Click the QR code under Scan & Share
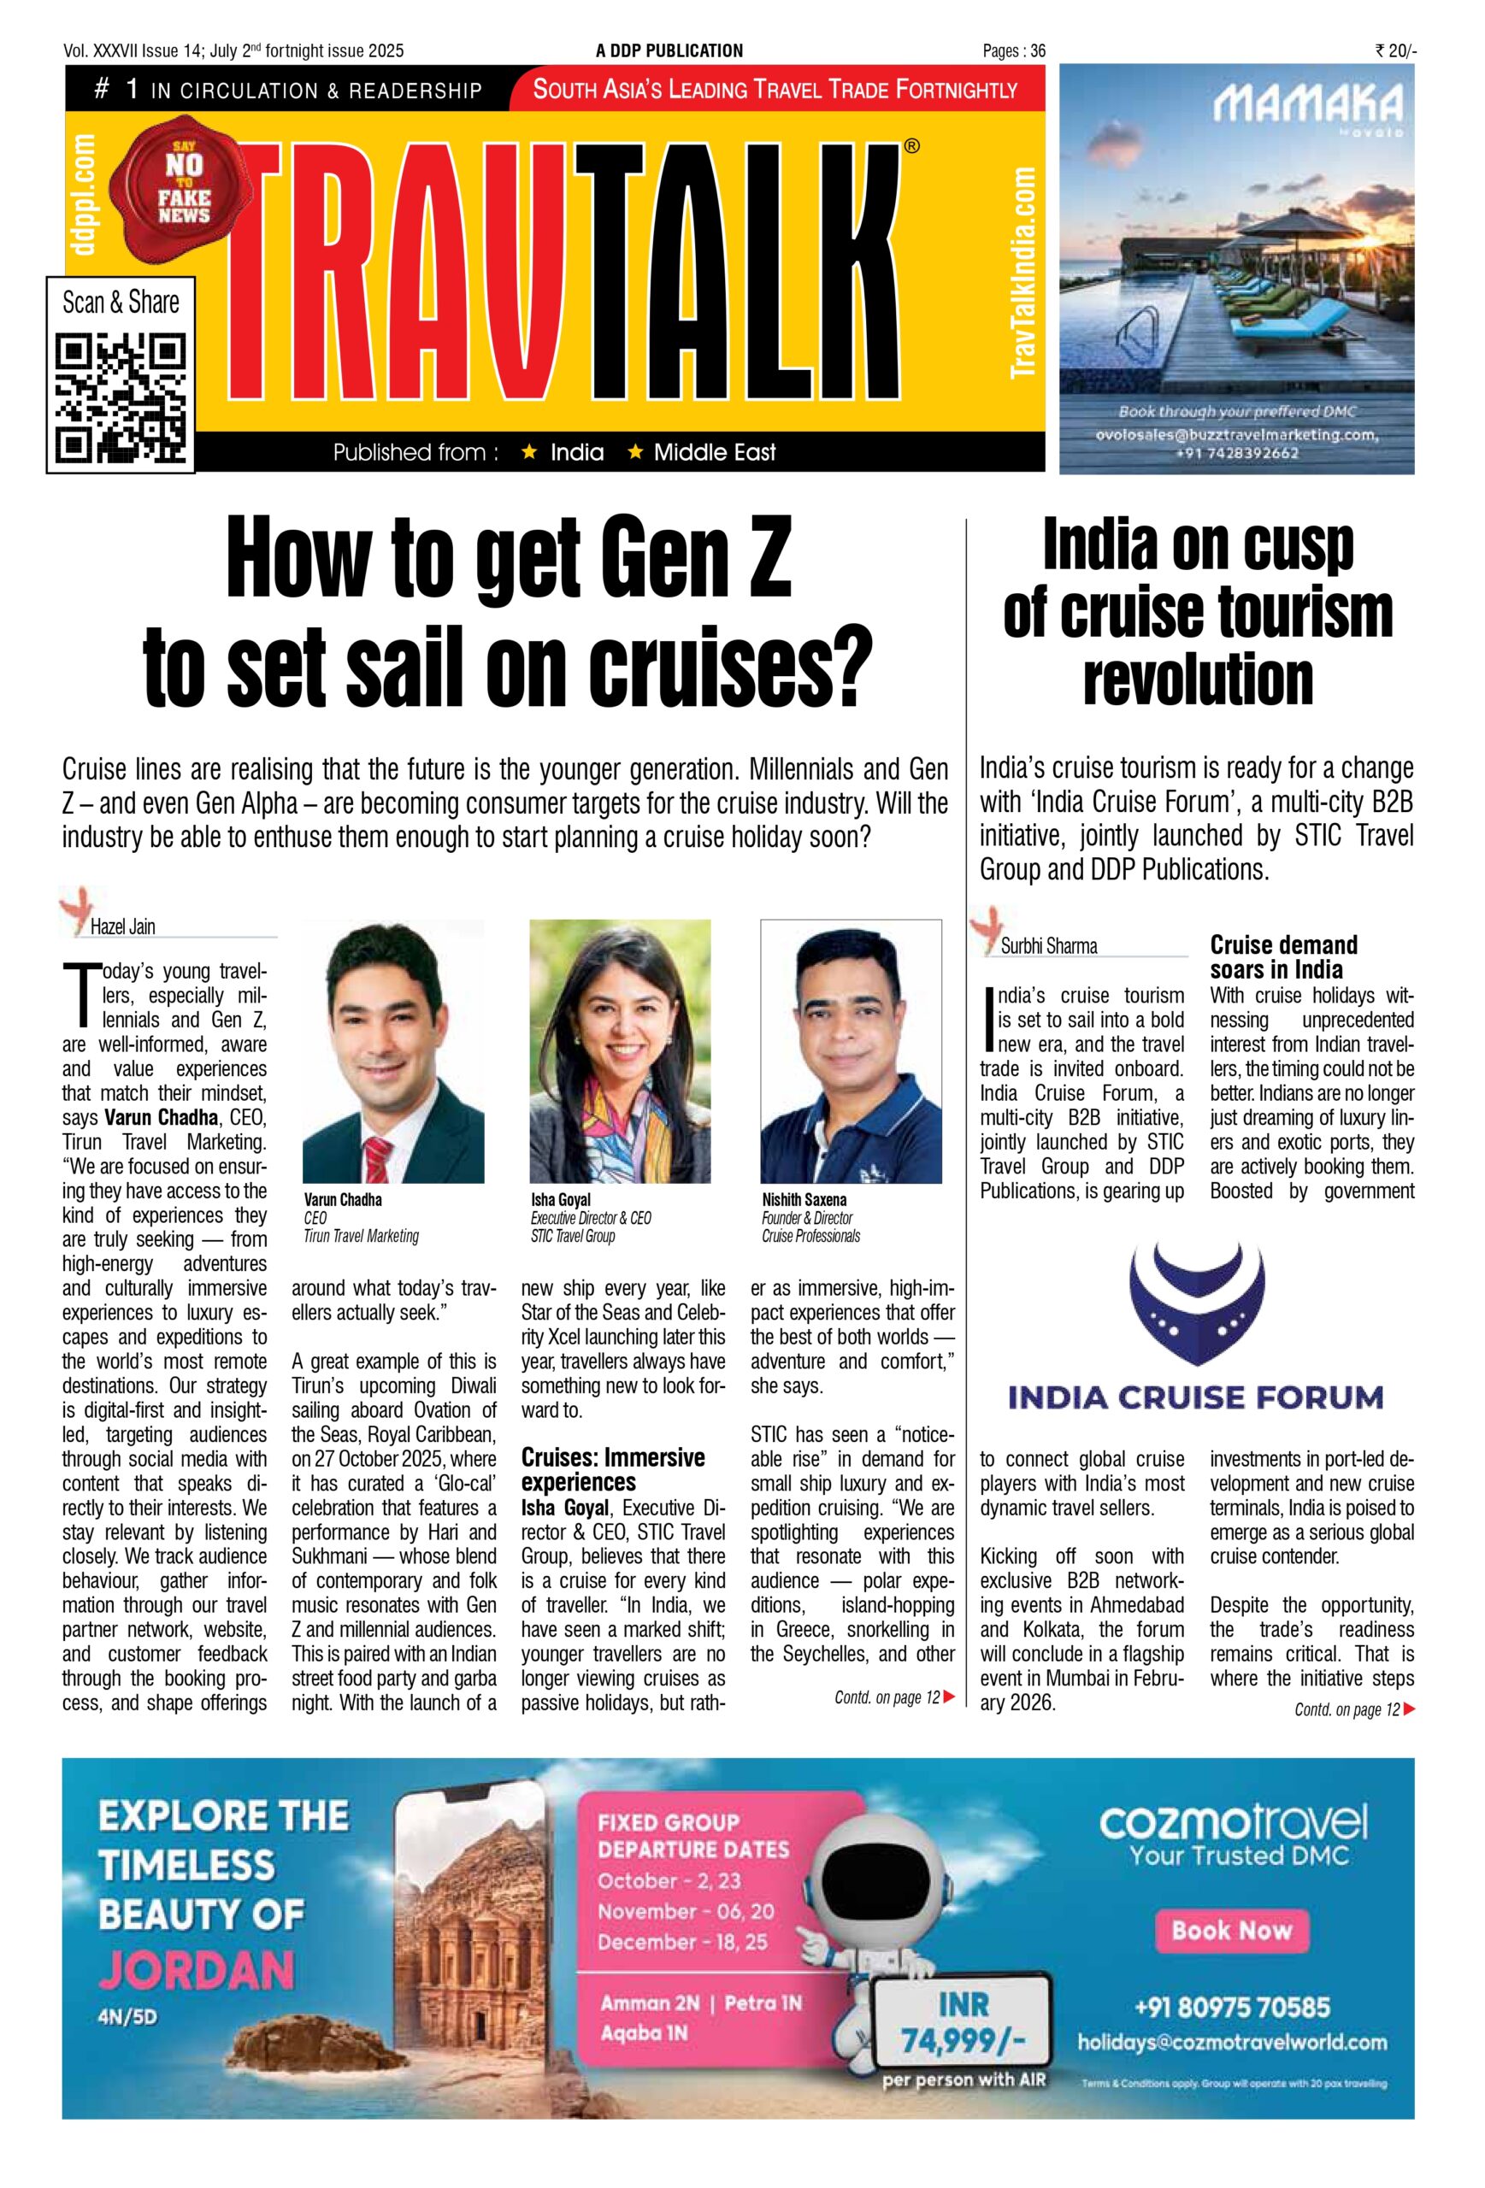pos(121,397)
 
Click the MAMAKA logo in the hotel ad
pos(1308,105)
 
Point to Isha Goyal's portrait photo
pos(620,1050)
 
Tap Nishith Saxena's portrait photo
pos(851,1050)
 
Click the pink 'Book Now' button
pos(1232,1929)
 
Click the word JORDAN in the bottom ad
pos(197,1968)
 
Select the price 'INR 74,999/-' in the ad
pos(963,2021)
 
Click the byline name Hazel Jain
pos(122,927)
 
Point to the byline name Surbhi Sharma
pos(1048,946)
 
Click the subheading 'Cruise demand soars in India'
pos(1282,956)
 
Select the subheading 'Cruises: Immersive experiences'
pos(612,1470)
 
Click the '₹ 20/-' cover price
pos(1394,50)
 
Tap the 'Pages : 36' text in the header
pos(1013,50)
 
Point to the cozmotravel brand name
pos(1232,1824)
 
